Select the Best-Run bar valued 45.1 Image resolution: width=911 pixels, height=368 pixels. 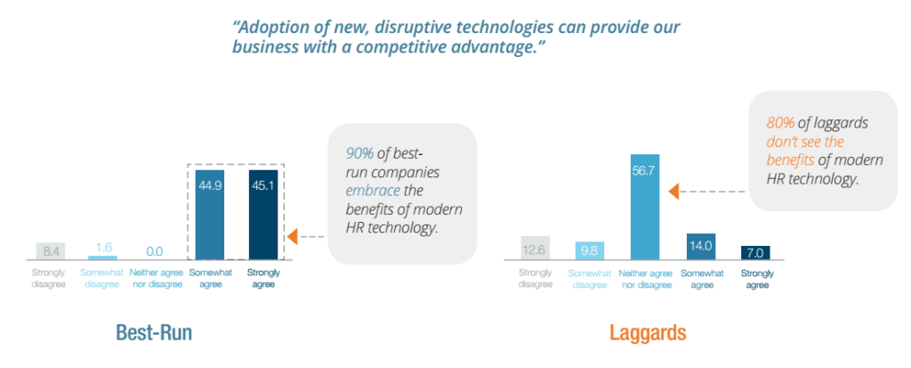(x=262, y=215)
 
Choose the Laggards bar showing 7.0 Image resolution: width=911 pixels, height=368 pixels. (x=755, y=252)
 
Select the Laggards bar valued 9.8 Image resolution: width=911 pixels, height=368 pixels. (x=590, y=250)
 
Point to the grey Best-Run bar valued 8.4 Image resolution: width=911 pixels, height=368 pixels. (x=52, y=250)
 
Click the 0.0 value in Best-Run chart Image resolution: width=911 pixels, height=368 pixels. (x=156, y=251)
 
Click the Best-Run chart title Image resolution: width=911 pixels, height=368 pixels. (x=154, y=333)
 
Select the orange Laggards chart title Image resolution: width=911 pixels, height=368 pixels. (x=647, y=333)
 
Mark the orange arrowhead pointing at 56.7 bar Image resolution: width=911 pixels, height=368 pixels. (x=675, y=190)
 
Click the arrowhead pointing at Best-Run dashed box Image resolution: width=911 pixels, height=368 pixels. (x=291, y=237)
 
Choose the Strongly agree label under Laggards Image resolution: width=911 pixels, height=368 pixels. (x=755, y=278)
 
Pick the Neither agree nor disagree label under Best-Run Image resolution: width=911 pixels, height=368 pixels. (x=157, y=278)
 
